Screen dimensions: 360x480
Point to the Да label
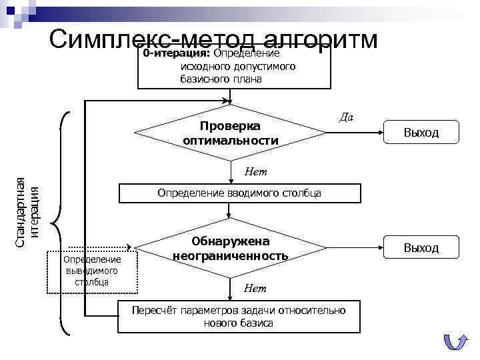[x=345, y=117]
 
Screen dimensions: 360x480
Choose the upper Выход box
[x=421, y=132]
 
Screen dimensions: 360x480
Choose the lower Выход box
[x=421, y=248]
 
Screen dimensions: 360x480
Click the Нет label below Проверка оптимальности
[x=255, y=172]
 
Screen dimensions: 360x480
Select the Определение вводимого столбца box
[x=239, y=193]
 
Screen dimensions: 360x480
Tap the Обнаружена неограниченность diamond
[x=230, y=249]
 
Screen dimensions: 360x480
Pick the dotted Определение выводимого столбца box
[x=91, y=271]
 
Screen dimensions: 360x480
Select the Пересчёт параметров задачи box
[x=239, y=317]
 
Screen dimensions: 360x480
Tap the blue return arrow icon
[x=455, y=341]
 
